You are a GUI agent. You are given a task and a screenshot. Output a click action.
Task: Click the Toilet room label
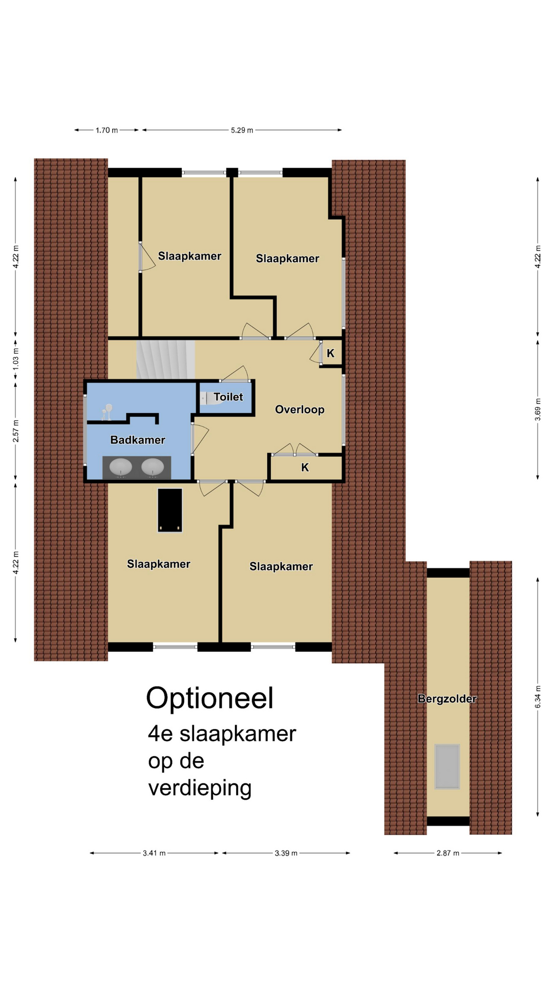[228, 397]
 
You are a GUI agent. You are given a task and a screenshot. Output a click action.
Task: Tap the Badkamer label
[138, 440]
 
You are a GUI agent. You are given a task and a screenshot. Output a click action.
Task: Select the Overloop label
[300, 410]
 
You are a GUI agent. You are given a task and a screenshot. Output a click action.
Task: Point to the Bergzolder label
[447, 699]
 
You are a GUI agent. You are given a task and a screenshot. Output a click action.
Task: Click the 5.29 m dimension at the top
[242, 130]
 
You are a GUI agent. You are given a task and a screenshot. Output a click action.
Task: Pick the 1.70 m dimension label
[107, 130]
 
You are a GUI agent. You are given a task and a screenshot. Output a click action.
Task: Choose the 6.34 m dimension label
[538, 697]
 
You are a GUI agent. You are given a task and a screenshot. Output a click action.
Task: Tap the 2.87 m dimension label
[448, 853]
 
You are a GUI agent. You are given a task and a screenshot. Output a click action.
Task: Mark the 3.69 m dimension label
[538, 410]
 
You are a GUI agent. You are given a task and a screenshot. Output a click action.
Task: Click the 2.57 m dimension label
[16, 431]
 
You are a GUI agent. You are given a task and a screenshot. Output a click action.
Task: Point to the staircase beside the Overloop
[165, 360]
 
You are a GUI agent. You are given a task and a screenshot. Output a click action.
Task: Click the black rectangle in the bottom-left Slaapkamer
[169, 510]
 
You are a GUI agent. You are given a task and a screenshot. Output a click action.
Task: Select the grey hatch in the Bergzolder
[447, 766]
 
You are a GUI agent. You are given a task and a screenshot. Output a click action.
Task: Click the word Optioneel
[210, 698]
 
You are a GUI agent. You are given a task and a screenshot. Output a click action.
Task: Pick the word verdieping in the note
[200, 788]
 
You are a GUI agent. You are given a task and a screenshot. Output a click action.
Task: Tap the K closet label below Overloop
[305, 467]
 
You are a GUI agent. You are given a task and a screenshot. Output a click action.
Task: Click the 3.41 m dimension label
[154, 853]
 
